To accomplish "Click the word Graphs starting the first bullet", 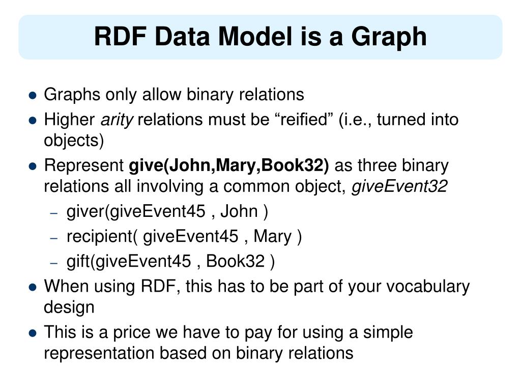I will [x=72, y=95].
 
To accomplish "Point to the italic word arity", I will [x=117, y=120].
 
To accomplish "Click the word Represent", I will [x=84, y=166].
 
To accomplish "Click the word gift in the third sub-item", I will [x=78, y=262].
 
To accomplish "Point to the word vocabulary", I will [x=428, y=287].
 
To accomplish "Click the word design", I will [x=69, y=308].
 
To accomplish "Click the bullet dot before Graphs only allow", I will [x=33, y=95].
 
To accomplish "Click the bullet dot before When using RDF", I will [x=33, y=287].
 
